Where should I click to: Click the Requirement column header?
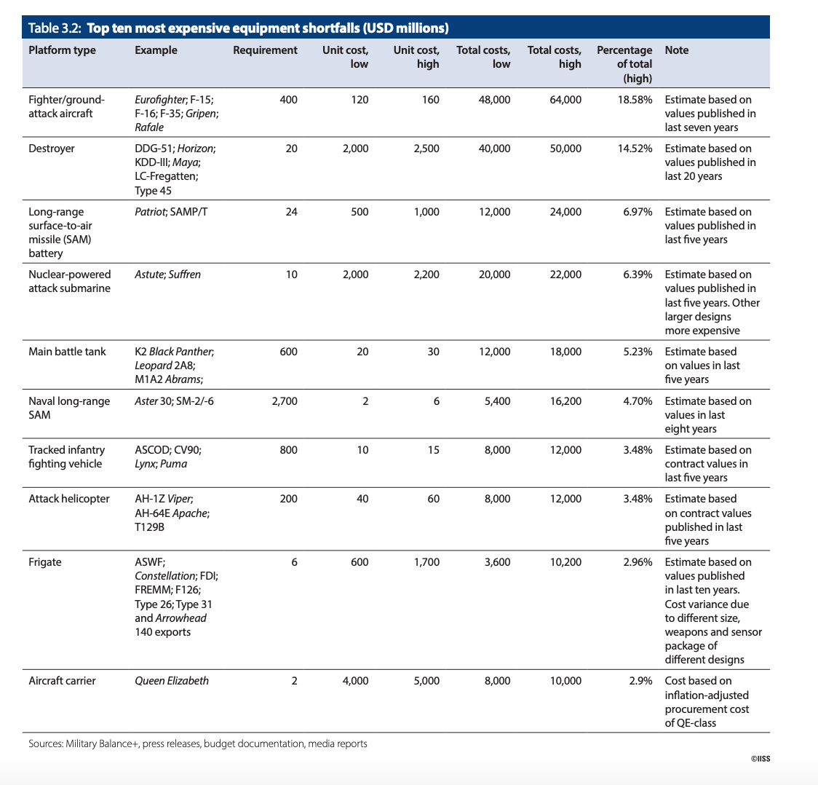click(265, 50)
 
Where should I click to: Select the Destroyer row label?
click(51, 149)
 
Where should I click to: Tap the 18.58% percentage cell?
click(635, 100)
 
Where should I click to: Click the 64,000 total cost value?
click(565, 100)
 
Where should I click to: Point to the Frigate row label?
click(45, 562)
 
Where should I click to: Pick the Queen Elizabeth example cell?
click(172, 681)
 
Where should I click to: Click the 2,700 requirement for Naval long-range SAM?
click(285, 401)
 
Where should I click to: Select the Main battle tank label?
click(67, 352)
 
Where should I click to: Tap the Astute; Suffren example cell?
click(167, 275)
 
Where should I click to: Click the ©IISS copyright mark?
click(760, 759)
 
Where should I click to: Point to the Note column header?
click(677, 50)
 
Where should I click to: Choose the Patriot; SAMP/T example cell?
click(171, 212)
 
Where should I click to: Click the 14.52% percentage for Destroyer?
click(635, 149)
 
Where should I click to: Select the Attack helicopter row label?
click(69, 499)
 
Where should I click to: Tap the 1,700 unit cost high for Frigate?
click(426, 562)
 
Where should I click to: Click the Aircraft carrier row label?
click(62, 681)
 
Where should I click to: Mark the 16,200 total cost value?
click(565, 401)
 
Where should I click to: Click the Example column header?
click(156, 50)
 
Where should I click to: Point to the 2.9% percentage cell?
click(640, 681)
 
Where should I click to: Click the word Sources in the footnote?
click(45, 743)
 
